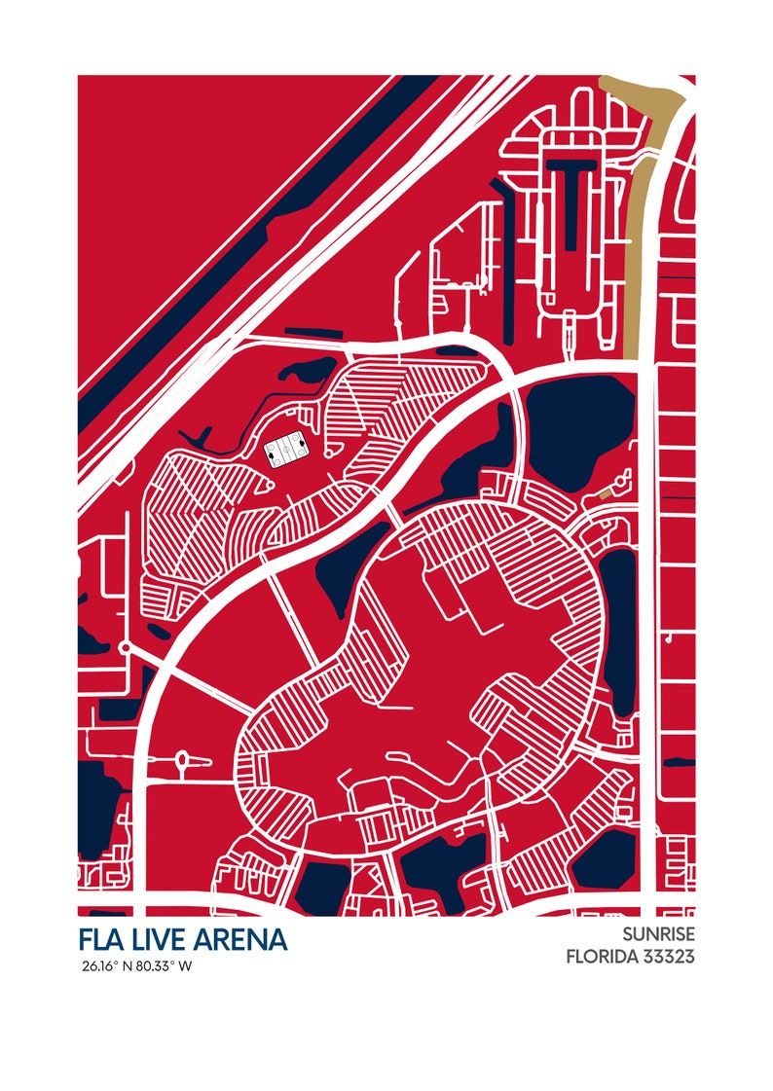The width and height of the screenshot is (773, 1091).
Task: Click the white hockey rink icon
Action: coord(288,451)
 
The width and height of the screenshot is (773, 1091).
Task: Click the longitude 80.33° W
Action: coord(165,966)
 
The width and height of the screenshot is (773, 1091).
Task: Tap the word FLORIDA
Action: coord(602,957)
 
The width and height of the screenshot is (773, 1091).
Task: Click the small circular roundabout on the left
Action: coord(125,646)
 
